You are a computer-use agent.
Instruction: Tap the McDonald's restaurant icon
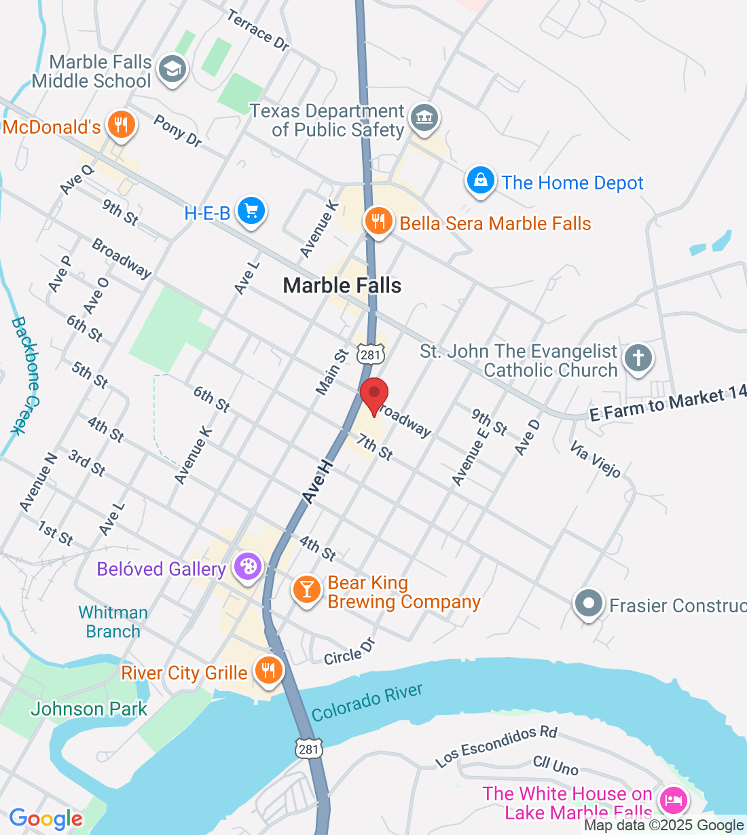(x=122, y=125)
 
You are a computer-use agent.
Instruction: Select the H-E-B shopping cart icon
(x=251, y=212)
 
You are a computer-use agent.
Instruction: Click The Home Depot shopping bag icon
(x=480, y=181)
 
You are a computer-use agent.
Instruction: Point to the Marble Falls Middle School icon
(x=172, y=69)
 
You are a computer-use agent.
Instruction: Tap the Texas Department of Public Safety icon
(x=424, y=118)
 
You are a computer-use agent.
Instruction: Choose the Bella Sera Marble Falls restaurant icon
(x=378, y=221)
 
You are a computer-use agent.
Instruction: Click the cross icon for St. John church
(x=638, y=358)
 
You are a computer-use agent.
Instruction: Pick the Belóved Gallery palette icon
(x=247, y=567)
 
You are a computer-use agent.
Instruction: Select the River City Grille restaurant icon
(x=269, y=671)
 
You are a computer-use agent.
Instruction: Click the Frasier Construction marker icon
(x=588, y=603)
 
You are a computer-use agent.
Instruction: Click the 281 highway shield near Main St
(x=372, y=354)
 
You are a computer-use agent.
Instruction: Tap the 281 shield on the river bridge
(x=308, y=748)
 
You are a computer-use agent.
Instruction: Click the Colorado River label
(x=367, y=703)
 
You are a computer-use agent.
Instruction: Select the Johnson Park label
(x=89, y=709)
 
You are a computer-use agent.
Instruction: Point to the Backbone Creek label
(x=28, y=375)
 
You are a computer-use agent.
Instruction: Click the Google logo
(x=45, y=819)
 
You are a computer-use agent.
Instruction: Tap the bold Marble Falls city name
(x=342, y=286)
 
